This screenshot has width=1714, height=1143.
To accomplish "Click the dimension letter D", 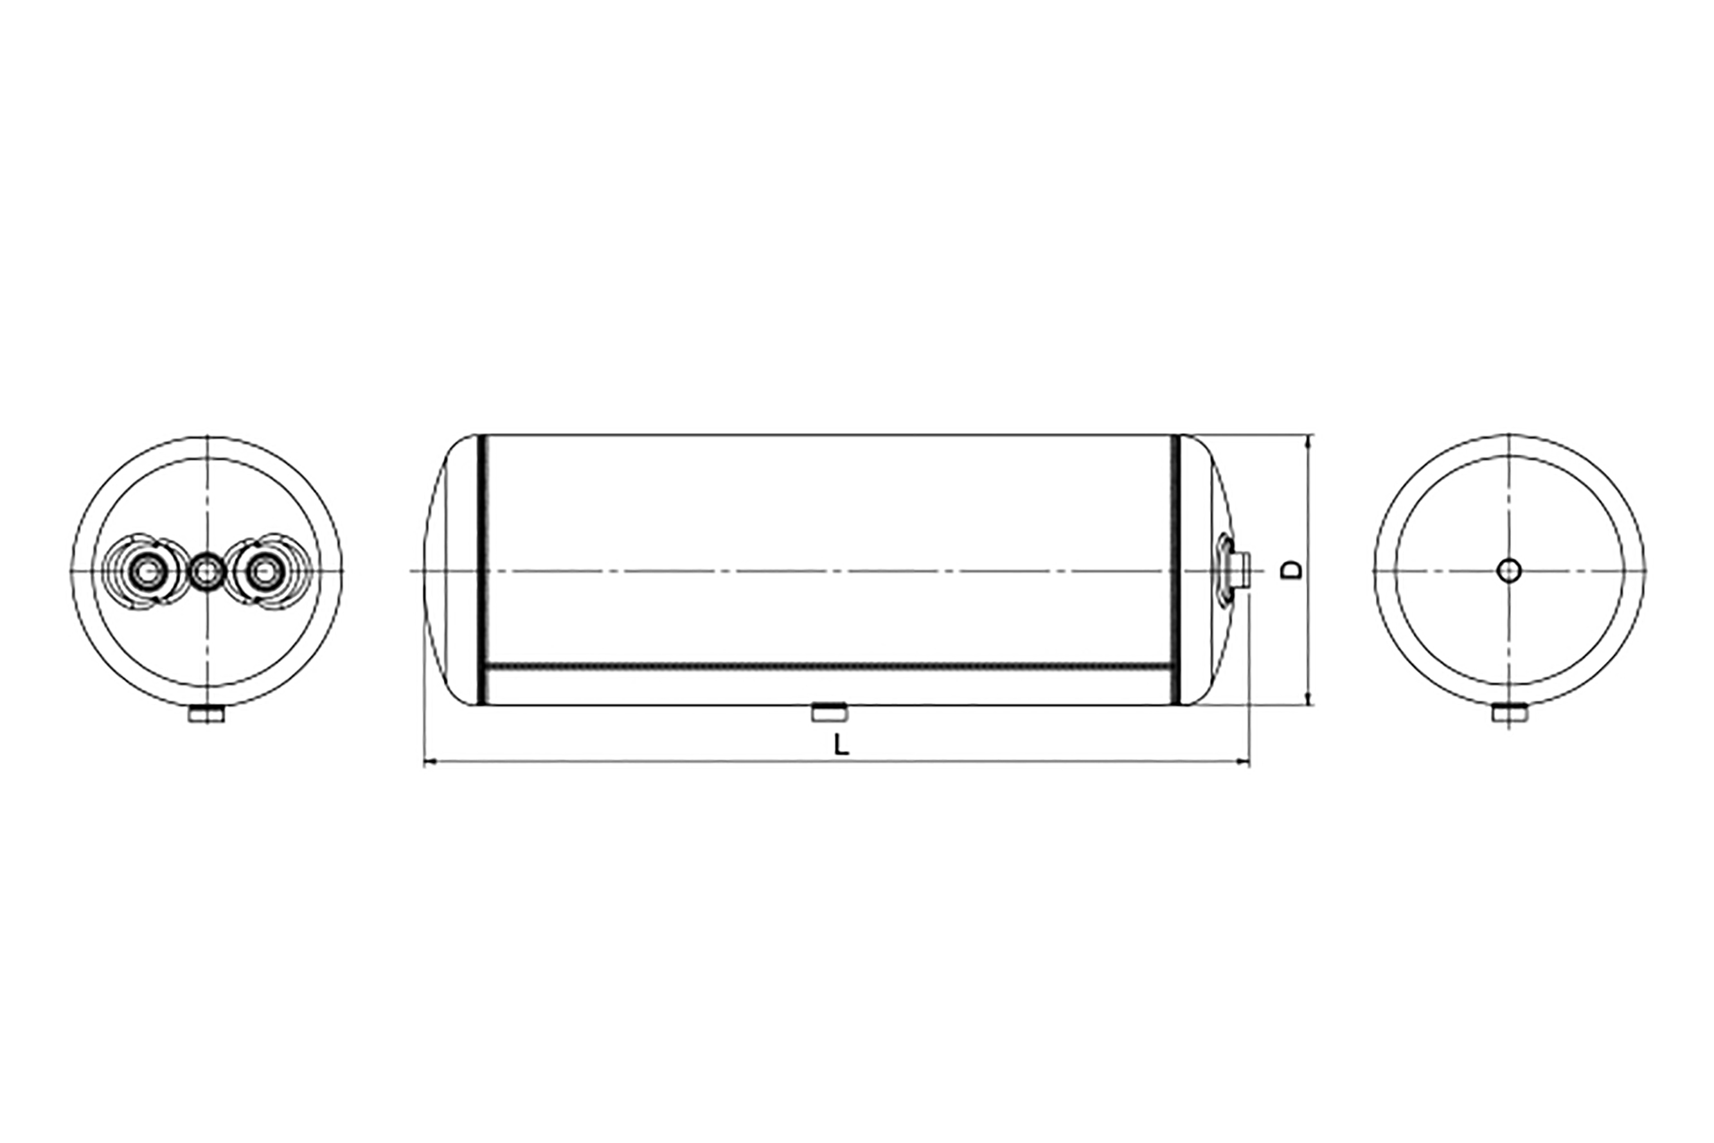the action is [x=1291, y=570].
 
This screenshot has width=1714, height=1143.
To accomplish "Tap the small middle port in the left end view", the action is [x=207, y=571].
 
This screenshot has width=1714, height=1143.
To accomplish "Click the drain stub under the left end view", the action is [x=206, y=714].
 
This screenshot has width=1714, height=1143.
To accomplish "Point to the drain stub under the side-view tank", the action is [x=829, y=711].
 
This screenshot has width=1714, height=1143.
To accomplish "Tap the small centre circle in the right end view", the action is [x=1509, y=570].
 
